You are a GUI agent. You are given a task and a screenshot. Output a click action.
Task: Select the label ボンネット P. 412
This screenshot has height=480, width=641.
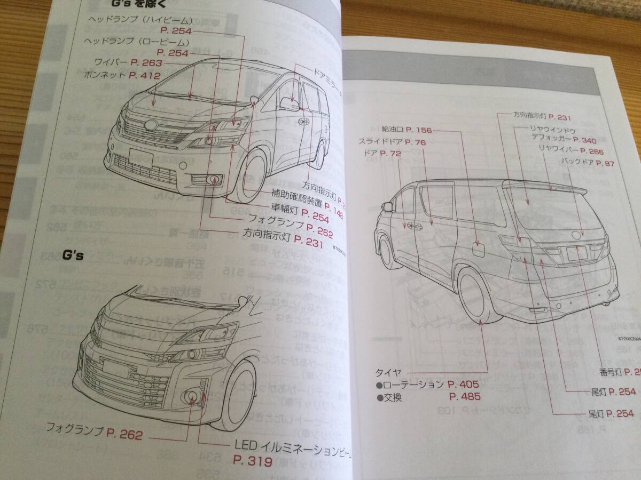tap(122, 75)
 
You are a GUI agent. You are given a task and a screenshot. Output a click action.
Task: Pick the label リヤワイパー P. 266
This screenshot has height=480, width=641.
tap(570, 151)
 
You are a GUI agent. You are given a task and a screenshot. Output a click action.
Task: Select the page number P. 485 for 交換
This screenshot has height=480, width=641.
tap(465, 397)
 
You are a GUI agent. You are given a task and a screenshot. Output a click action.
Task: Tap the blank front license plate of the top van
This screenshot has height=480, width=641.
tap(140, 158)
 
